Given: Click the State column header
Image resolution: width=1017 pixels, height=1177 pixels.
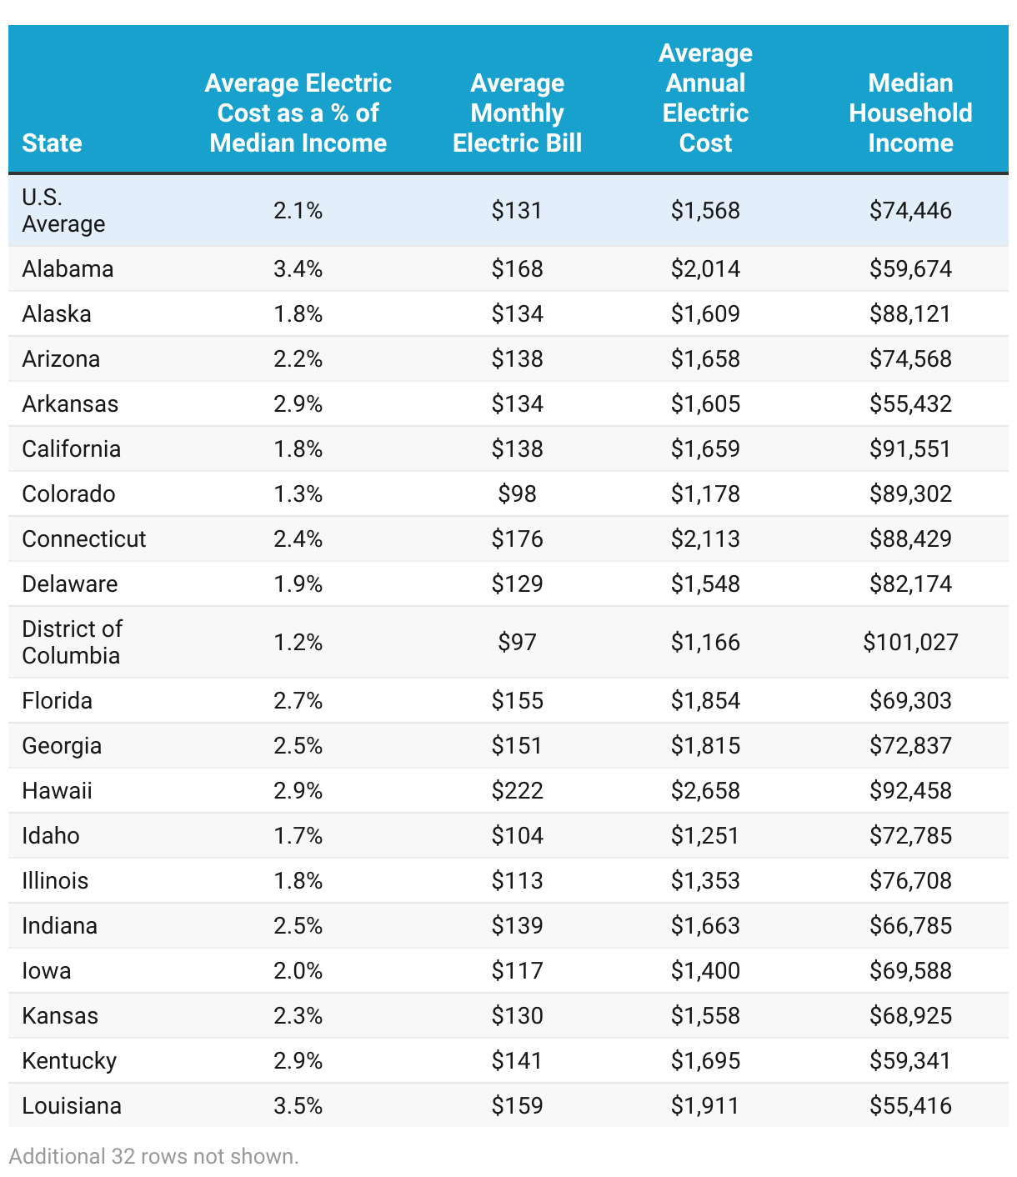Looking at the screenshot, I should [x=52, y=143].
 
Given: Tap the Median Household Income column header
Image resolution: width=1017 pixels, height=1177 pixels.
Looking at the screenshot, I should [x=910, y=113].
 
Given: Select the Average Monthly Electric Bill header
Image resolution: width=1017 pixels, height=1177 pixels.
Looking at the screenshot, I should [x=517, y=113].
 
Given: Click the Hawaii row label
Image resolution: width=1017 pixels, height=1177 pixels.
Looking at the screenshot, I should [x=57, y=790].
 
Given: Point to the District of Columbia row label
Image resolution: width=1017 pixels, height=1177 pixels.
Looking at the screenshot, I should [x=72, y=642].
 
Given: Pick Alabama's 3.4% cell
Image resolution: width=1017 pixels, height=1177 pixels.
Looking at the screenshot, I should [x=298, y=268].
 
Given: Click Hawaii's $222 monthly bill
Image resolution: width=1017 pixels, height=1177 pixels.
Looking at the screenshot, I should [x=517, y=790].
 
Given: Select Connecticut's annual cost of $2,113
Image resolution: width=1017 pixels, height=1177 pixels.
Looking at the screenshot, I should [x=705, y=538].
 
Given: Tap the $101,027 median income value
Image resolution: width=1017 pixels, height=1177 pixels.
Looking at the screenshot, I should [x=910, y=642].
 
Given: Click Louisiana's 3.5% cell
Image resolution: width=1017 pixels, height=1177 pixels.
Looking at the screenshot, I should [x=298, y=1105].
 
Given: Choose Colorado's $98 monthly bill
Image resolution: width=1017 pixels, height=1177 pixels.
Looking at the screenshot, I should [x=517, y=493].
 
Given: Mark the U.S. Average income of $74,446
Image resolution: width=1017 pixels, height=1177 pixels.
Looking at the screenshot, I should [x=910, y=210].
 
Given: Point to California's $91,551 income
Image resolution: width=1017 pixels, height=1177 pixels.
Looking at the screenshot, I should [x=910, y=448].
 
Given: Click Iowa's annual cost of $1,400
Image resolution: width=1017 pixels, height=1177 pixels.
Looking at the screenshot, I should [x=705, y=970].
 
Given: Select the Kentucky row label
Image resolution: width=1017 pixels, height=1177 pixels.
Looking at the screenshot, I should [x=69, y=1060].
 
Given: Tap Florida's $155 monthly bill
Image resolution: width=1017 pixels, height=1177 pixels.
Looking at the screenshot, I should [x=517, y=700].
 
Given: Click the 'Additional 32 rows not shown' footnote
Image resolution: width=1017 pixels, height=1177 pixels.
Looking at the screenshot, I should [x=153, y=1156].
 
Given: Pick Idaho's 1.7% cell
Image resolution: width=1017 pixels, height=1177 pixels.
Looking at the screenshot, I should [x=298, y=835].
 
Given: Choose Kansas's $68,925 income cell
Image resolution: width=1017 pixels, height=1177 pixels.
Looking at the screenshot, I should [x=910, y=1015].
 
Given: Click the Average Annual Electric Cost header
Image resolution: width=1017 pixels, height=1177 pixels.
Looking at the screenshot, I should [x=705, y=98].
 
